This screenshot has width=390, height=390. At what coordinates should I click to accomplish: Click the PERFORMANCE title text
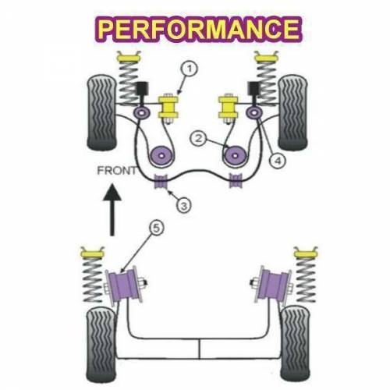(x=200, y=30)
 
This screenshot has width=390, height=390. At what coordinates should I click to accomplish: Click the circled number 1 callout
(x=190, y=69)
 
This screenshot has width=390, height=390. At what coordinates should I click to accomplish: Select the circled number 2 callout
(x=198, y=138)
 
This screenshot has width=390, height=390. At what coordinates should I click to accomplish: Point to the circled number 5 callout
(x=157, y=229)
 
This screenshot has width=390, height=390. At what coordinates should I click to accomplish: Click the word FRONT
(x=116, y=171)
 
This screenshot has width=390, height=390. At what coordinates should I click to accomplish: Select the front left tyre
(x=101, y=113)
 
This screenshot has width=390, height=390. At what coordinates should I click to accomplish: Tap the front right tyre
(x=293, y=113)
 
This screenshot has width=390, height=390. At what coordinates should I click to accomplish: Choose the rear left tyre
(x=101, y=345)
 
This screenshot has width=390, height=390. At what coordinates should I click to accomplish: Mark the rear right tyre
(x=296, y=344)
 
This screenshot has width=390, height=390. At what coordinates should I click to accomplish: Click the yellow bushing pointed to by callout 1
(x=168, y=107)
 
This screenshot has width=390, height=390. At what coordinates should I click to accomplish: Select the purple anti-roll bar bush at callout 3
(x=161, y=181)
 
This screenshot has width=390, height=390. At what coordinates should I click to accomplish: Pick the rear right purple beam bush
(x=273, y=284)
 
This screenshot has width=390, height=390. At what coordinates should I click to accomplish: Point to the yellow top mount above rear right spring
(x=306, y=252)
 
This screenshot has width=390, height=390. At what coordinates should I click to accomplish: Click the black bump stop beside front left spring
(x=142, y=89)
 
